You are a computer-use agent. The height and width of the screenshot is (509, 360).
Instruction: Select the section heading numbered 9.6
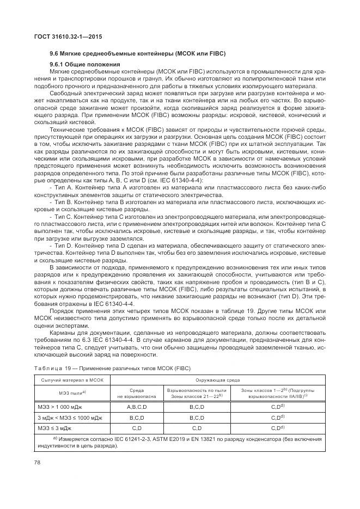point(137,53)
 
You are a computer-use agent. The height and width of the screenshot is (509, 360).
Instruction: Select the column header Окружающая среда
point(218,380)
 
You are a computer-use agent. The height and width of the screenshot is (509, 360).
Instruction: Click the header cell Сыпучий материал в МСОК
point(72,380)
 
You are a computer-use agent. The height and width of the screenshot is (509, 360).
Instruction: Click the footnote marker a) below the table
point(55,438)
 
